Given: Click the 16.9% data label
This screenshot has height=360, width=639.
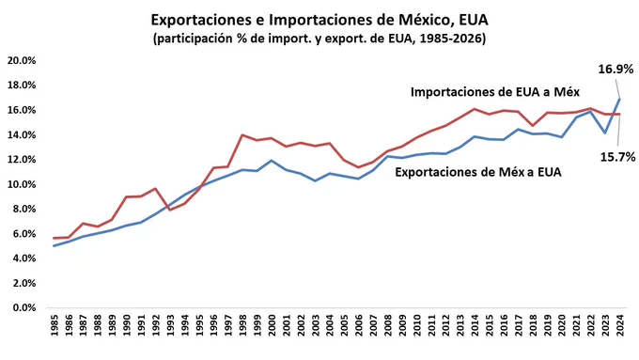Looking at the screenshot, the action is pyautogui.click(x=616, y=70).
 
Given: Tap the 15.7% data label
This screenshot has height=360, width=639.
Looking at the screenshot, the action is pyautogui.click(x=617, y=157).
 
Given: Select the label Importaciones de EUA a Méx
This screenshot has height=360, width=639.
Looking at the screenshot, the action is pyautogui.click(x=494, y=92).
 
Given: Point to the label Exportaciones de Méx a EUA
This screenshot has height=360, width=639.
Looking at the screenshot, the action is pyautogui.click(x=478, y=172).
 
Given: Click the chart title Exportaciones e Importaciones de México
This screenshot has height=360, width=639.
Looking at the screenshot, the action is pyautogui.click(x=319, y=20).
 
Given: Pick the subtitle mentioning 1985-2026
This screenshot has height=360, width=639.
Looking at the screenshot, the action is pyautogui.click(x=319, y=39).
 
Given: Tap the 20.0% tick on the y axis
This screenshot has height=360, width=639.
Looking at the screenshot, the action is pyautogui.click(x=22, y=60).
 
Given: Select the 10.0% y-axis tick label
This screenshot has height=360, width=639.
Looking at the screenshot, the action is pyautogui.click(x=22, y=184).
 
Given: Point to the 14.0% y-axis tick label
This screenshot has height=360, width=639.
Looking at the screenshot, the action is pyautogui.click(x=22, y=134).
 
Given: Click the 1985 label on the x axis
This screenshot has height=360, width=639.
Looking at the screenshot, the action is pyautogui.click(x=55, y=325).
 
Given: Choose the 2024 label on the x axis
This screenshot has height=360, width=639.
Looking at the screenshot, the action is pyautogui.click(x=620, y=325).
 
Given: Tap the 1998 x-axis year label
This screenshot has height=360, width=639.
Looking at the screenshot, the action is pyautogui.click(x=242, y=325).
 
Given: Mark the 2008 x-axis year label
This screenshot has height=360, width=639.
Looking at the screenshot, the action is pyautogui.click(x=388, y=325).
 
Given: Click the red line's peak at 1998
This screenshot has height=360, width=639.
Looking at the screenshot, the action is pyautogui.click(x=242, y=135).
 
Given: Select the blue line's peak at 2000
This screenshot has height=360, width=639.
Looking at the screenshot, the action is pyautogui.click(x=272, y=160).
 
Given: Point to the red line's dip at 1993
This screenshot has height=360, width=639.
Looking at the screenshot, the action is pyautogui.click(x=170, y=210).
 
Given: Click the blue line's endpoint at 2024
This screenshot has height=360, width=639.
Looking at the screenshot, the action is pyautogui.click(x=620, y=99).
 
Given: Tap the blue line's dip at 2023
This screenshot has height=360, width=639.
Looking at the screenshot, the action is pyautogui.click(x=605, y=133).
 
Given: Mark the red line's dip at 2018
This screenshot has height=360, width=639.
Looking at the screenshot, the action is pyautogui.click(x=533, y=126).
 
